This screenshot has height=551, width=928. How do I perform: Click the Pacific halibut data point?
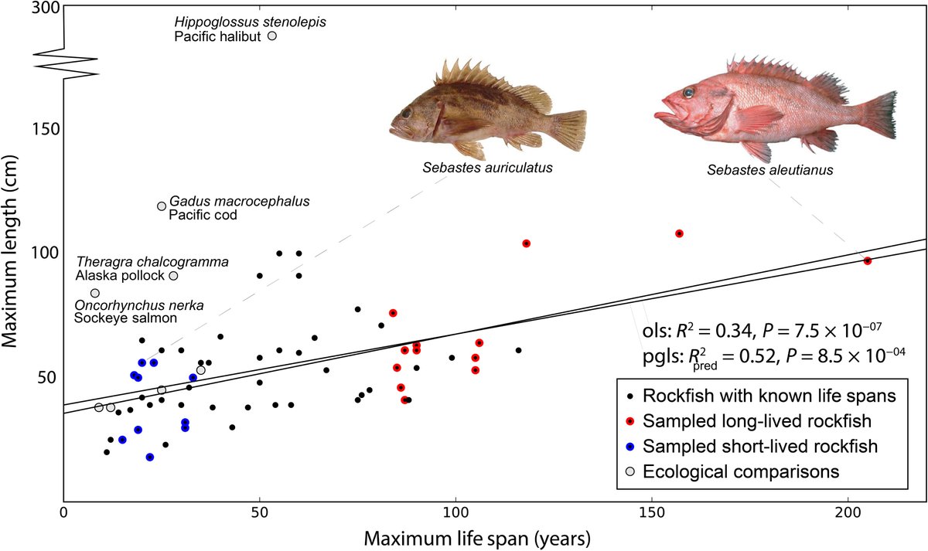(x=271, y=36)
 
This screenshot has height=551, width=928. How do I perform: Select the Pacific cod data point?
(x=162, y=206)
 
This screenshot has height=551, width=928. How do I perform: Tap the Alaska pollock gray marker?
(x=173, y=276)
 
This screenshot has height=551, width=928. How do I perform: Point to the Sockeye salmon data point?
(x=95, y=293)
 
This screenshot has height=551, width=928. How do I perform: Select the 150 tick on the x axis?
(x=651, y=513)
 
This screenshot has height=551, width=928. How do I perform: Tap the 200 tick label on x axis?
(x=848, y=513)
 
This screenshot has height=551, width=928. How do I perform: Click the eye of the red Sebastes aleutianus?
(x=688, y=93)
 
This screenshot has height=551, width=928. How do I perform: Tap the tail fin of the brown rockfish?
(x=568, y=130)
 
